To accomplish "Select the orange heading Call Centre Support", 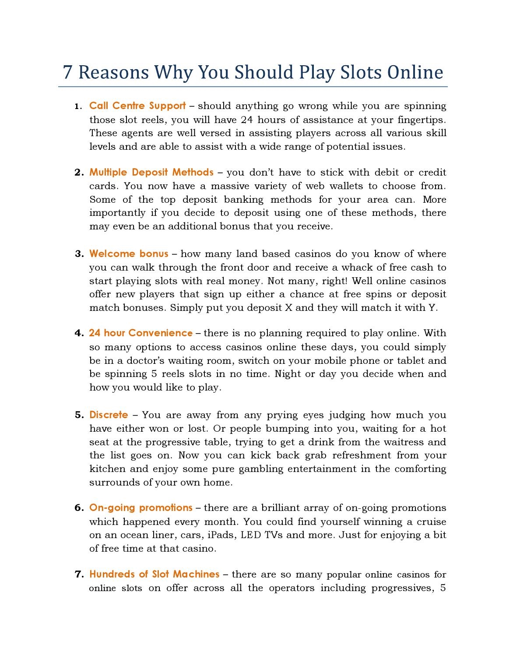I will pos(137,106).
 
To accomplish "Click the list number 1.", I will pos(77,106).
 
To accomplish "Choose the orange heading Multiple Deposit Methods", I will pos(151,172).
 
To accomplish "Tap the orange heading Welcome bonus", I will pos(129,254).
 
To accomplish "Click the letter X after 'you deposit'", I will pos(288,308).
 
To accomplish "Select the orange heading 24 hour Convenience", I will pos(141,333).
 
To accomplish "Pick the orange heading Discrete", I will pos(109,415).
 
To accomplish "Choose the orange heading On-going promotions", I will pos(141,508).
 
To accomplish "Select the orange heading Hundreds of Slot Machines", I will pos(154,574).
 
